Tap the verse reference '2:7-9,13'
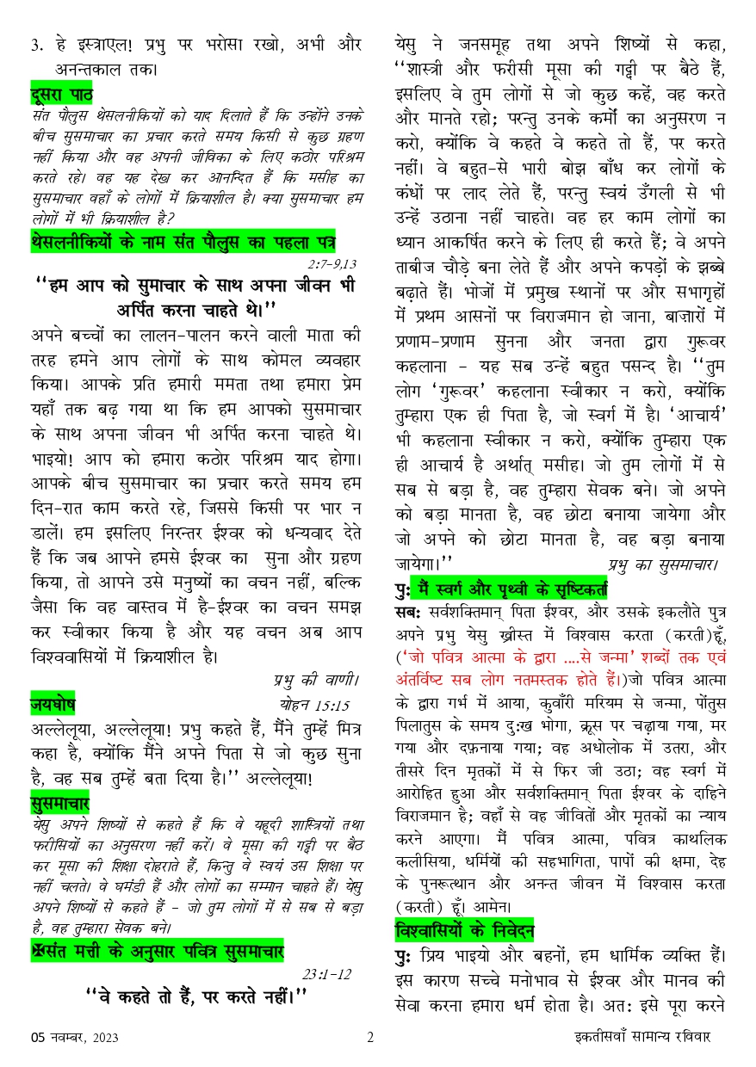point(331,263)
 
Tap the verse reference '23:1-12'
point(328,974)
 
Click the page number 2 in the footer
point(370,1038)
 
